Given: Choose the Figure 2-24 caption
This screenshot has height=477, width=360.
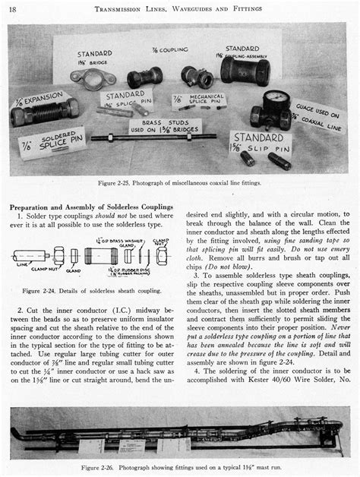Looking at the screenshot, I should click(89, 290).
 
